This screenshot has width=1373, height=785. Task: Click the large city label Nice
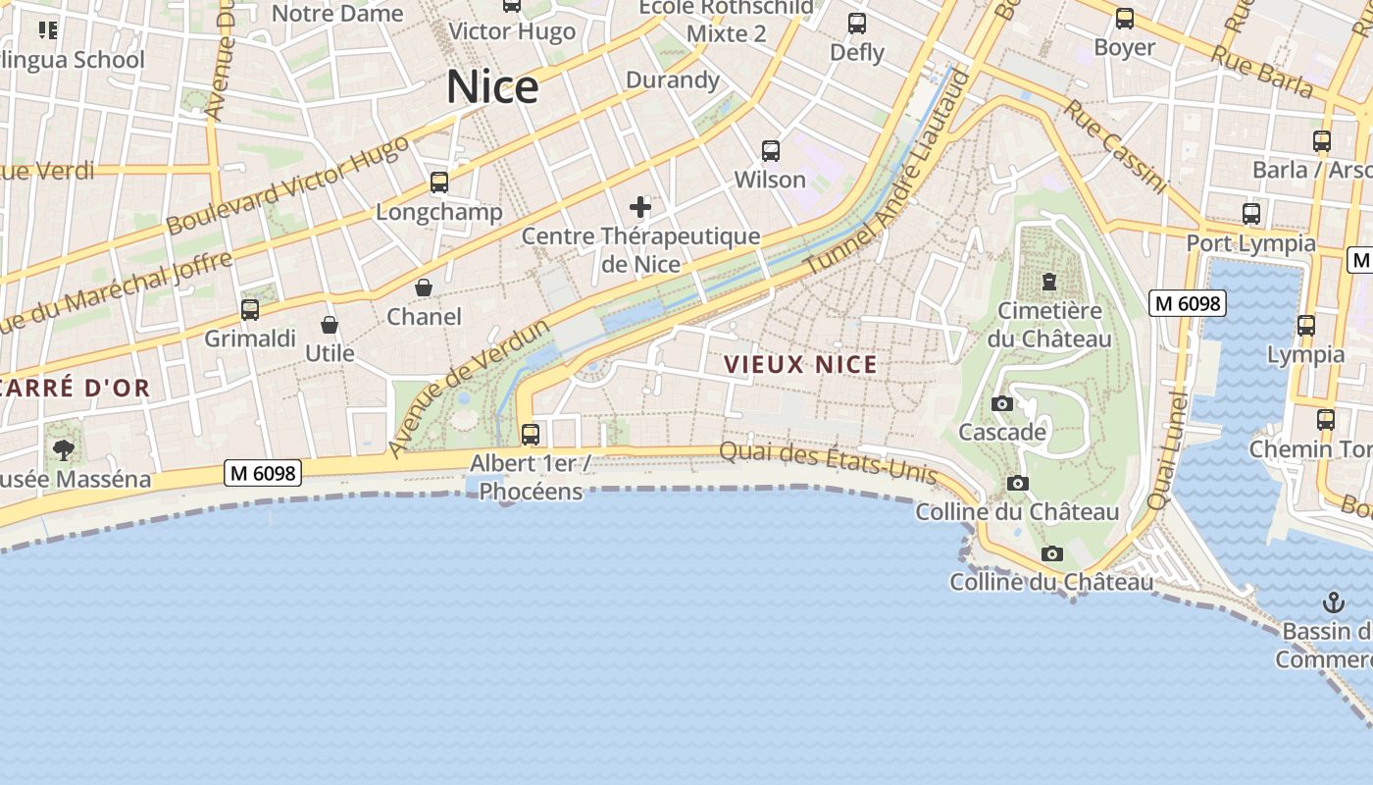pos(492,87)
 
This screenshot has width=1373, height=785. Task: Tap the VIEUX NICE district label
pos(800,365)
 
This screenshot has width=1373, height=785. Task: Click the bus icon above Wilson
pos(771,151)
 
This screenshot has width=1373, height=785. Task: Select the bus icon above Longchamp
pos(439,183)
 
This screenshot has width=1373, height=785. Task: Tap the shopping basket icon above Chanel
pos(424,288)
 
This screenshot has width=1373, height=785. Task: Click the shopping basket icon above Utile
pos(330,324)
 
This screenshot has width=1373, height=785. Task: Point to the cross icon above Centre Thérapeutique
pos(640,207)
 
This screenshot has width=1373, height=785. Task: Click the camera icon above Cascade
pos(1001,403)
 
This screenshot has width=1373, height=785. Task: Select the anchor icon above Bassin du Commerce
pos(1333,602)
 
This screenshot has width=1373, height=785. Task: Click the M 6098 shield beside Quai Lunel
pos(1188,303)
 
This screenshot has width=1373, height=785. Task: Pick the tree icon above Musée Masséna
pos(64,450)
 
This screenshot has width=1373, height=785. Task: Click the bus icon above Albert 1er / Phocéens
pos(531,434)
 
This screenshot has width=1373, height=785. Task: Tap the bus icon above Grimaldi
pos(250,310)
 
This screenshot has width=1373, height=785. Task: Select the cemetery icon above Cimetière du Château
pos(1049,283)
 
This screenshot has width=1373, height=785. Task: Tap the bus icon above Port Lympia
pos(1250,213)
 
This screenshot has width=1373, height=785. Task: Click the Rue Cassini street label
pos(1115,146)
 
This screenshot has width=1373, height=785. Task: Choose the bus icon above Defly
pos(857,24)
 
